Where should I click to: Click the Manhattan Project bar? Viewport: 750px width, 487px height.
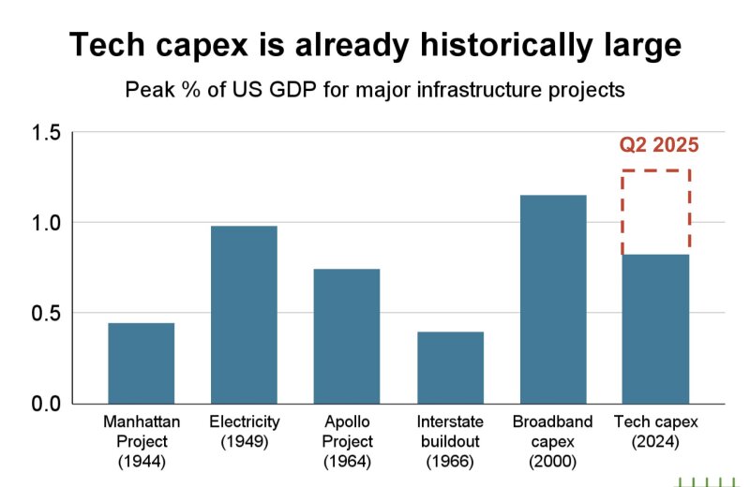coord(141,363)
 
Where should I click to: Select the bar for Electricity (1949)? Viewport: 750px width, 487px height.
coord(244,315)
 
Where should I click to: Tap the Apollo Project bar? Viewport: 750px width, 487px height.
coord(347,336)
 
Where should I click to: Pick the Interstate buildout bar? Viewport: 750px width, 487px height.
coord(450,367)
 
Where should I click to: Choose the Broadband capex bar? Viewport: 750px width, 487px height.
coord(553,299)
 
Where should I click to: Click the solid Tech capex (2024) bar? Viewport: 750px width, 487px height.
coord(655,329)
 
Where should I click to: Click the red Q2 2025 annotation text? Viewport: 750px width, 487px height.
coord(659,145)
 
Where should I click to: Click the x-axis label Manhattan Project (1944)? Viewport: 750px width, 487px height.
coord(141,441)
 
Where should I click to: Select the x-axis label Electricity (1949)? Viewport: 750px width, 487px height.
coord(245,432)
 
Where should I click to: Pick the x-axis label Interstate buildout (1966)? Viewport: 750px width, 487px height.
coord(451,441)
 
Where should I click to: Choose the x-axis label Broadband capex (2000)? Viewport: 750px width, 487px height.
coord(553,441)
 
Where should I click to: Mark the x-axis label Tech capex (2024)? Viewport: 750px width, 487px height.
coord(655,432)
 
